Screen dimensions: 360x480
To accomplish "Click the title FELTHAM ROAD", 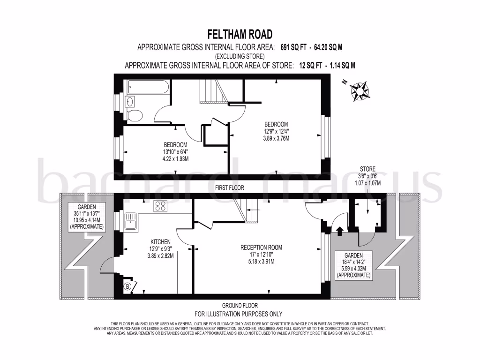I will click(x=240, y=34).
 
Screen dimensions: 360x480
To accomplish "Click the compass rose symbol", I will click(x=360, y=91).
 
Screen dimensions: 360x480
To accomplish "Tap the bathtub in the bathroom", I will click(x=145, y=87).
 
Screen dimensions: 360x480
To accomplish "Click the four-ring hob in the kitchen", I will click(x=161, y=206).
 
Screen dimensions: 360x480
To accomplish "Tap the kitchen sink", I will click(x=130, y=221).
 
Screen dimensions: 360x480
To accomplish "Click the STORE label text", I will click(x=367, y=169).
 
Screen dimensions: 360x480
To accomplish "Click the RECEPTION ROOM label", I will click(x=261, y=247).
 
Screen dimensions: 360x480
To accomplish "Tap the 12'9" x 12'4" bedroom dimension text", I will click(x=275, y=131).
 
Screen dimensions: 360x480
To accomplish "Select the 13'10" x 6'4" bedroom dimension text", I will click(x=175, y=151).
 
